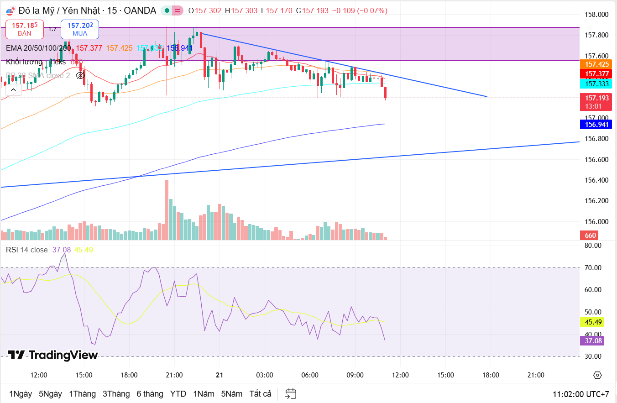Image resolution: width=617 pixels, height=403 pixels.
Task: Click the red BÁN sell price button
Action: click(x=25, y=29)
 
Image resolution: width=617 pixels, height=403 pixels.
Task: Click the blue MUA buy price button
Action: click(x=80, y=29)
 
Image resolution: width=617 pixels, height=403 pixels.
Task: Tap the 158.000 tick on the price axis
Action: click(x=596, y=15)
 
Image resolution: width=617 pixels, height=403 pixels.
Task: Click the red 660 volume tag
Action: click(x=590, y=236)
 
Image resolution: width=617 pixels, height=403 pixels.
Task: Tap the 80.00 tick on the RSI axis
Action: click(x=592, y=245)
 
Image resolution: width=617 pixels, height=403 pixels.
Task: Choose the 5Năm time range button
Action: click(x=232, y=393)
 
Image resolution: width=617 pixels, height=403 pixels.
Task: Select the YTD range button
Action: click(x=178, y=393)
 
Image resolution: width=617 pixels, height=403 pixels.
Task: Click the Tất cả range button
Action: click(x=261, y=393)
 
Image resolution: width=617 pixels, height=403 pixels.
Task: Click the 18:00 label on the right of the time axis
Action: click(x=491, y=375)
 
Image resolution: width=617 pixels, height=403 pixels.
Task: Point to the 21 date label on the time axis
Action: click(x=220, y=375)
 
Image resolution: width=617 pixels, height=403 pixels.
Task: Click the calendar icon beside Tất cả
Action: click(x=291, y=393)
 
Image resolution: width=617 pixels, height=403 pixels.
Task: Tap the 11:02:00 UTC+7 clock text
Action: click(x=580, y=394)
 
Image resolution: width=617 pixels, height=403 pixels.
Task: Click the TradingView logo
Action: click(x=52, y=355)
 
